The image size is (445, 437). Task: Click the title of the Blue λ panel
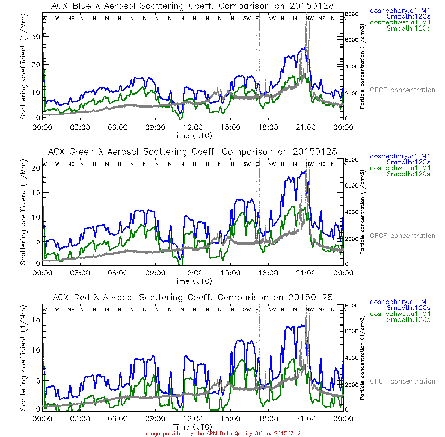(x=193, y=6)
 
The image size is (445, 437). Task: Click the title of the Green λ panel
(x=193, y=151)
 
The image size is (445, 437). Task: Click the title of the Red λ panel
(x=193, y=297)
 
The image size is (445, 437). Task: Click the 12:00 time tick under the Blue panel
(x=192, y=127)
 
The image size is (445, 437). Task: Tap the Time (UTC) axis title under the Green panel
(x=192, y=281)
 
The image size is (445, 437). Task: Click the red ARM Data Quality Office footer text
(x=222, y=433)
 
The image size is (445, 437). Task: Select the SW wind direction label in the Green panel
(x=246, y=164)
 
